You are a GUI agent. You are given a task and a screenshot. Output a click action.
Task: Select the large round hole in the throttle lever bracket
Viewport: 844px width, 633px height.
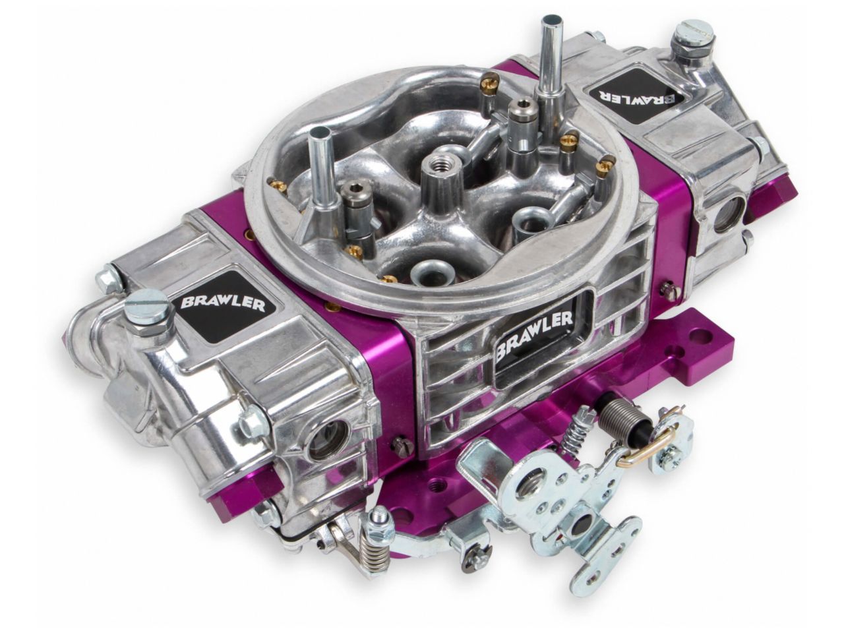[528, 489]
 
